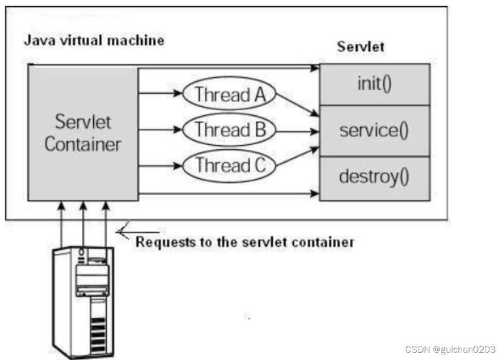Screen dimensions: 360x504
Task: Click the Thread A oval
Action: [x=229, y=94]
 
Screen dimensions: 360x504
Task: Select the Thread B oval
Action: [x=229, y=130]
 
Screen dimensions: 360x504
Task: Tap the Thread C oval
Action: [x=229, y=166]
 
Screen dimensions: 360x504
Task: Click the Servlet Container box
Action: [x=83, y=133]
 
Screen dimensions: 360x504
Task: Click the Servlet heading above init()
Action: [x=360, y=47]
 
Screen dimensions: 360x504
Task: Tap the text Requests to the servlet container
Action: [x=244, y=242]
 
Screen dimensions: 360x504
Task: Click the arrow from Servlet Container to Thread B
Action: [x=161, y=129]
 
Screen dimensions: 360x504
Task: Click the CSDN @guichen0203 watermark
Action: [x=450, y=349]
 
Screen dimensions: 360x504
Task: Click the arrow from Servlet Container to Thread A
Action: [x=161, y=94]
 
